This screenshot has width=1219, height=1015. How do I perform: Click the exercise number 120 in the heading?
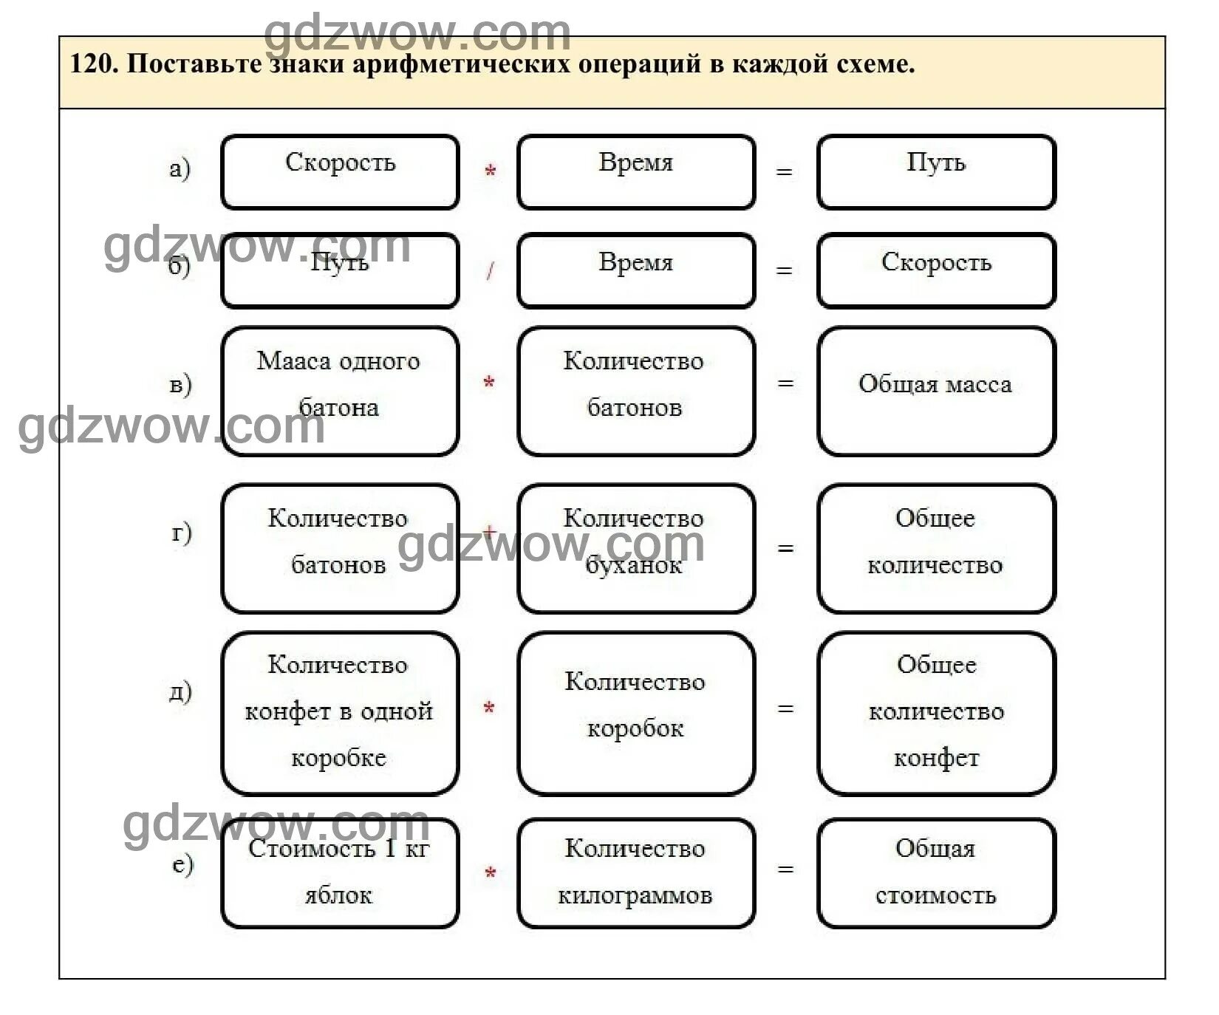click(92, 64)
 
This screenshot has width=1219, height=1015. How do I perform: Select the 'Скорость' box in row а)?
click(340, 171)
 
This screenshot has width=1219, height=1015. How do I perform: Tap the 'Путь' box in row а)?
click(935, 171)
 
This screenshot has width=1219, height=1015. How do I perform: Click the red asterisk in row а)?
click(490, 172)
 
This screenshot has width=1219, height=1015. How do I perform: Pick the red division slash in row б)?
click(490, 272)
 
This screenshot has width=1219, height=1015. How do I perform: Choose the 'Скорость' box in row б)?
click(935, 270)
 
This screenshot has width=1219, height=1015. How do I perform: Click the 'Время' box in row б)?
click(635, 270)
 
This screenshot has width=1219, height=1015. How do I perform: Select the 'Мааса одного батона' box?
click(340, 391)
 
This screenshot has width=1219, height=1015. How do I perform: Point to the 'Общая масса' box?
click(935, 391)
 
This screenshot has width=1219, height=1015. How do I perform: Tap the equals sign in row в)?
click(785, 383)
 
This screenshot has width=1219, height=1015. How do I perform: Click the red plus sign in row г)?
click(489, 532)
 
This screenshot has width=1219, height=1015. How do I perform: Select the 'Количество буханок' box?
click(635, 548)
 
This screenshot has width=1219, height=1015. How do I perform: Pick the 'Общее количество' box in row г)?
click(935, 548)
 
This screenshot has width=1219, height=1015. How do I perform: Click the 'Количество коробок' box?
click(635, 713)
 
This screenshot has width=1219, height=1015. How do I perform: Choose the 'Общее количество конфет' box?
click(935, 713)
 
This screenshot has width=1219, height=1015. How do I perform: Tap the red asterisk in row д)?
click(488, 709)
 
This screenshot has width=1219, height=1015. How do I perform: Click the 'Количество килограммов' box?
click(635, 872)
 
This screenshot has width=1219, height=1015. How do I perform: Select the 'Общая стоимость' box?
click(935, 872)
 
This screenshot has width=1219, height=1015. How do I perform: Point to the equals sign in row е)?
click(785, 869)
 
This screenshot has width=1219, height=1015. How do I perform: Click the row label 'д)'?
click(180, 691)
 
